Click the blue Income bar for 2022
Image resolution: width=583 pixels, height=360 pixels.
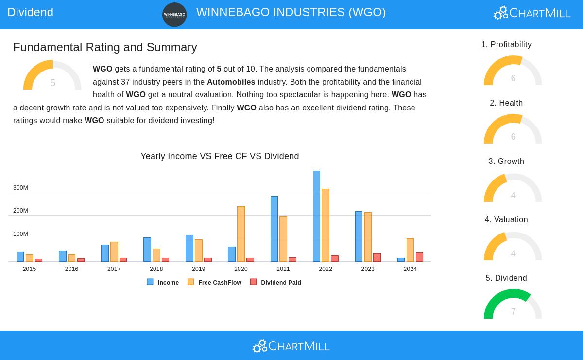click(x=316, y=216)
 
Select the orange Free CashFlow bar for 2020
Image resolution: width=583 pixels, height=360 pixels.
click(x=241, y=234)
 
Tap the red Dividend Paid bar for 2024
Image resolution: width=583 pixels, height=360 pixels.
click(x=419, y=257)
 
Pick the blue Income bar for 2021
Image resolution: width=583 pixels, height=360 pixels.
click(x=274, y=229)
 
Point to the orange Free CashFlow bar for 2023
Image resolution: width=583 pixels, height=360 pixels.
click(x=368, y=237)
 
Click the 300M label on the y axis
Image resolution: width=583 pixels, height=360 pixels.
click(x=20, y=188)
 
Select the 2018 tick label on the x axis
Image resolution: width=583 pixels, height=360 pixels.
click(x=156, y=269)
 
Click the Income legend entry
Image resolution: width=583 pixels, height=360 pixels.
click(x=163, y=282)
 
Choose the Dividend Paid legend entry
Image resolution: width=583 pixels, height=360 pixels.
click(x=275, y=282)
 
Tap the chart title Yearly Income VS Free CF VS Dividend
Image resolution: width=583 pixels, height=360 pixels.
click(x=220, y=156)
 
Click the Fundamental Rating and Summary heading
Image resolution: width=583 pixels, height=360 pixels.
click(x=105, y=47)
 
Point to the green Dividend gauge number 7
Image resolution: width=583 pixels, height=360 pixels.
click(x=513, y=312)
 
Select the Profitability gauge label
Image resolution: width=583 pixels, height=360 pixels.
click(x=506, y=45)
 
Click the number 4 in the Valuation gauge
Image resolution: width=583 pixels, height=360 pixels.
click(x=513, y=253)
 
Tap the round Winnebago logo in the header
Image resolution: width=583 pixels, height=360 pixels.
click(x=174, y=15)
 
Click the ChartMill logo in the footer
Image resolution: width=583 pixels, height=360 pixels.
click(x=291, y=346)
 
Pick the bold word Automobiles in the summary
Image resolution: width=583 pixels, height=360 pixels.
click(x=231, y=82)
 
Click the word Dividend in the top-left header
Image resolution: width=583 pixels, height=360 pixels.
click(x=30, y=12)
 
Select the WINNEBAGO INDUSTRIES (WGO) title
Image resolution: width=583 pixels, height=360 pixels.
click(x=291, y=12)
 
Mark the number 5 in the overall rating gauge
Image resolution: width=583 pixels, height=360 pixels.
click(x=52, y=83)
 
